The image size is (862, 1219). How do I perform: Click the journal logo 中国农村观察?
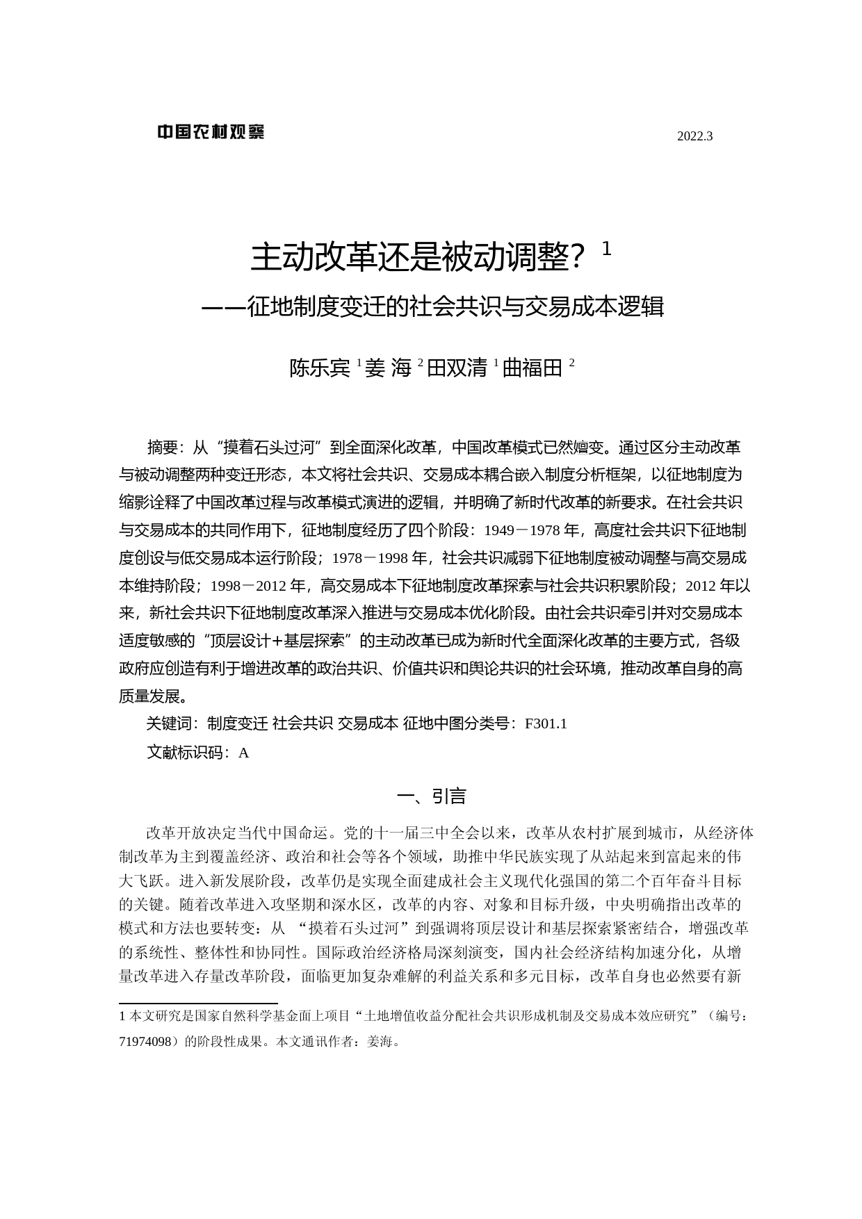tap(210, 131)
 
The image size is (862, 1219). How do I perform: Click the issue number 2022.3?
tap(694, 136)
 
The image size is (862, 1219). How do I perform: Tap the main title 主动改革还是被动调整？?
tap(420, 258)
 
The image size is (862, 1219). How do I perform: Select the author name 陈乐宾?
tap(320, 368)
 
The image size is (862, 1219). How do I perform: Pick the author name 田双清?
tap(457, 368)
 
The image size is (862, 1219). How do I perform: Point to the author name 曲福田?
tap(532, 368)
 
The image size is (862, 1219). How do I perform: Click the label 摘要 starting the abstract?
tap(163, 446)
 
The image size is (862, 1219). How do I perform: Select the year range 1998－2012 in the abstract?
tap(248, 585)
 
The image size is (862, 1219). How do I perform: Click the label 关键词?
tap(168, 723)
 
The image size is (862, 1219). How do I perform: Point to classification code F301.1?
tap(546, 723)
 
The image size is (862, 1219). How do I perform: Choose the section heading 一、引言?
tap(431, 796)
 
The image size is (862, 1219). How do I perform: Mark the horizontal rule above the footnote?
tap(198, 1004)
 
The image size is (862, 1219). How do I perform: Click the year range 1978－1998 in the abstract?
tap(371, 558)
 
